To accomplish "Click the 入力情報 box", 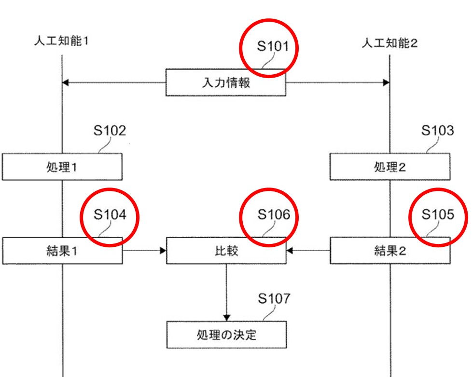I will [225, 82].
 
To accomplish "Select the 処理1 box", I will [62, 167].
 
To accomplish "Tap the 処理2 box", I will [389, 167].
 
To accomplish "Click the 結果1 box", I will [62, 251].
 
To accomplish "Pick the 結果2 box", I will [389, 251].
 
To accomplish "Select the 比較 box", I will [225, 251].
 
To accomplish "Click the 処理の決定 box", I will [225, 335].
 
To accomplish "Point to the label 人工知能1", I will [61, 41].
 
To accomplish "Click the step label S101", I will [272, 47].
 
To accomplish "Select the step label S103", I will [437, 131].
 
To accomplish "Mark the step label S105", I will [437, 215].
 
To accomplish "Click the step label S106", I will [274, 215].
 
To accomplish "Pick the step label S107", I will [274, 299].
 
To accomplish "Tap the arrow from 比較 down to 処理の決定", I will [226, 292].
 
